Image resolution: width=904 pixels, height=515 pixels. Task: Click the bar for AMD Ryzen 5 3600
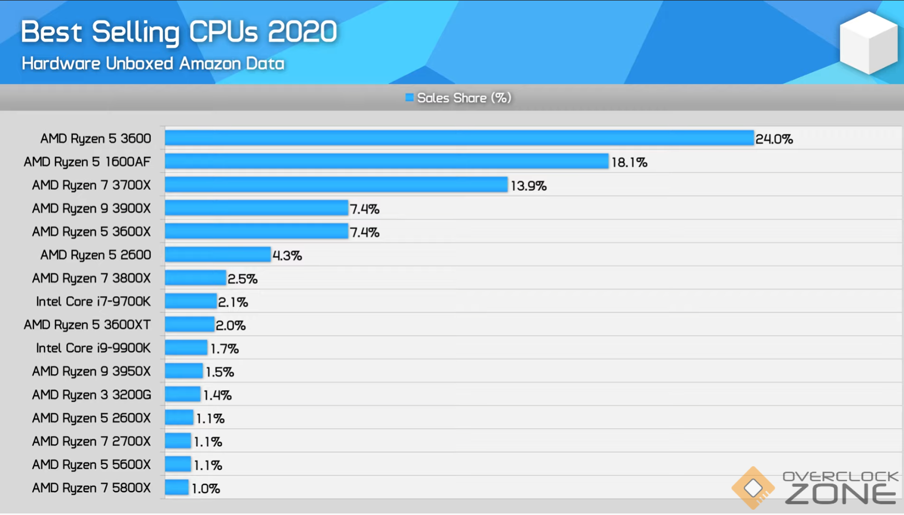pos(459,138)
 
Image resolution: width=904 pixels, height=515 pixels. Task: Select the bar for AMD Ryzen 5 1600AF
pos(386,162)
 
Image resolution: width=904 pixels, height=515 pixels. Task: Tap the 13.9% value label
pos(529,186)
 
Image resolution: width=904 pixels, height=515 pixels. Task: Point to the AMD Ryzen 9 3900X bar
pos(256,208)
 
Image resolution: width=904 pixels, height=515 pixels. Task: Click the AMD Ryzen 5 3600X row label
pos(91,232)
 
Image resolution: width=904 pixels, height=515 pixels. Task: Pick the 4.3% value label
pos(287,255)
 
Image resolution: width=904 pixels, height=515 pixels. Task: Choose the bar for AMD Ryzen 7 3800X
pos(195,278)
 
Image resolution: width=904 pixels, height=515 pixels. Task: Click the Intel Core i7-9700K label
pos(93,301)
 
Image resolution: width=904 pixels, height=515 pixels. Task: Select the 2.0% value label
pos(230,325)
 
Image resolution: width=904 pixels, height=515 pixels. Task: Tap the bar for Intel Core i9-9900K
pos(186,348)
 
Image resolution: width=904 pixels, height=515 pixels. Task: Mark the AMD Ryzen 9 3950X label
pos(91,372)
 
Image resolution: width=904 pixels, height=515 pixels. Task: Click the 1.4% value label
pos(217,395)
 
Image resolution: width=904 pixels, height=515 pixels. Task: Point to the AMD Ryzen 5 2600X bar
pos(179,417)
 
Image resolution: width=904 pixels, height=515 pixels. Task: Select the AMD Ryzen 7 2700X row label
pos(91,441)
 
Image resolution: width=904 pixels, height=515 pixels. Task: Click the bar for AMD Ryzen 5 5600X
pos(178,464)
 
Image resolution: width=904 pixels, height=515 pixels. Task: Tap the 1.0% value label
pos(206,488)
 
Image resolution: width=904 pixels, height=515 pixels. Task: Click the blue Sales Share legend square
pos(410,98)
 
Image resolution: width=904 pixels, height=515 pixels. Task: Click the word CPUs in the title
pos(224,32)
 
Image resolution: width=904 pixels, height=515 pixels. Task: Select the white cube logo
pos(868,43)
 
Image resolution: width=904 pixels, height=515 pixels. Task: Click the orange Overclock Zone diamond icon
pos(753,488)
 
